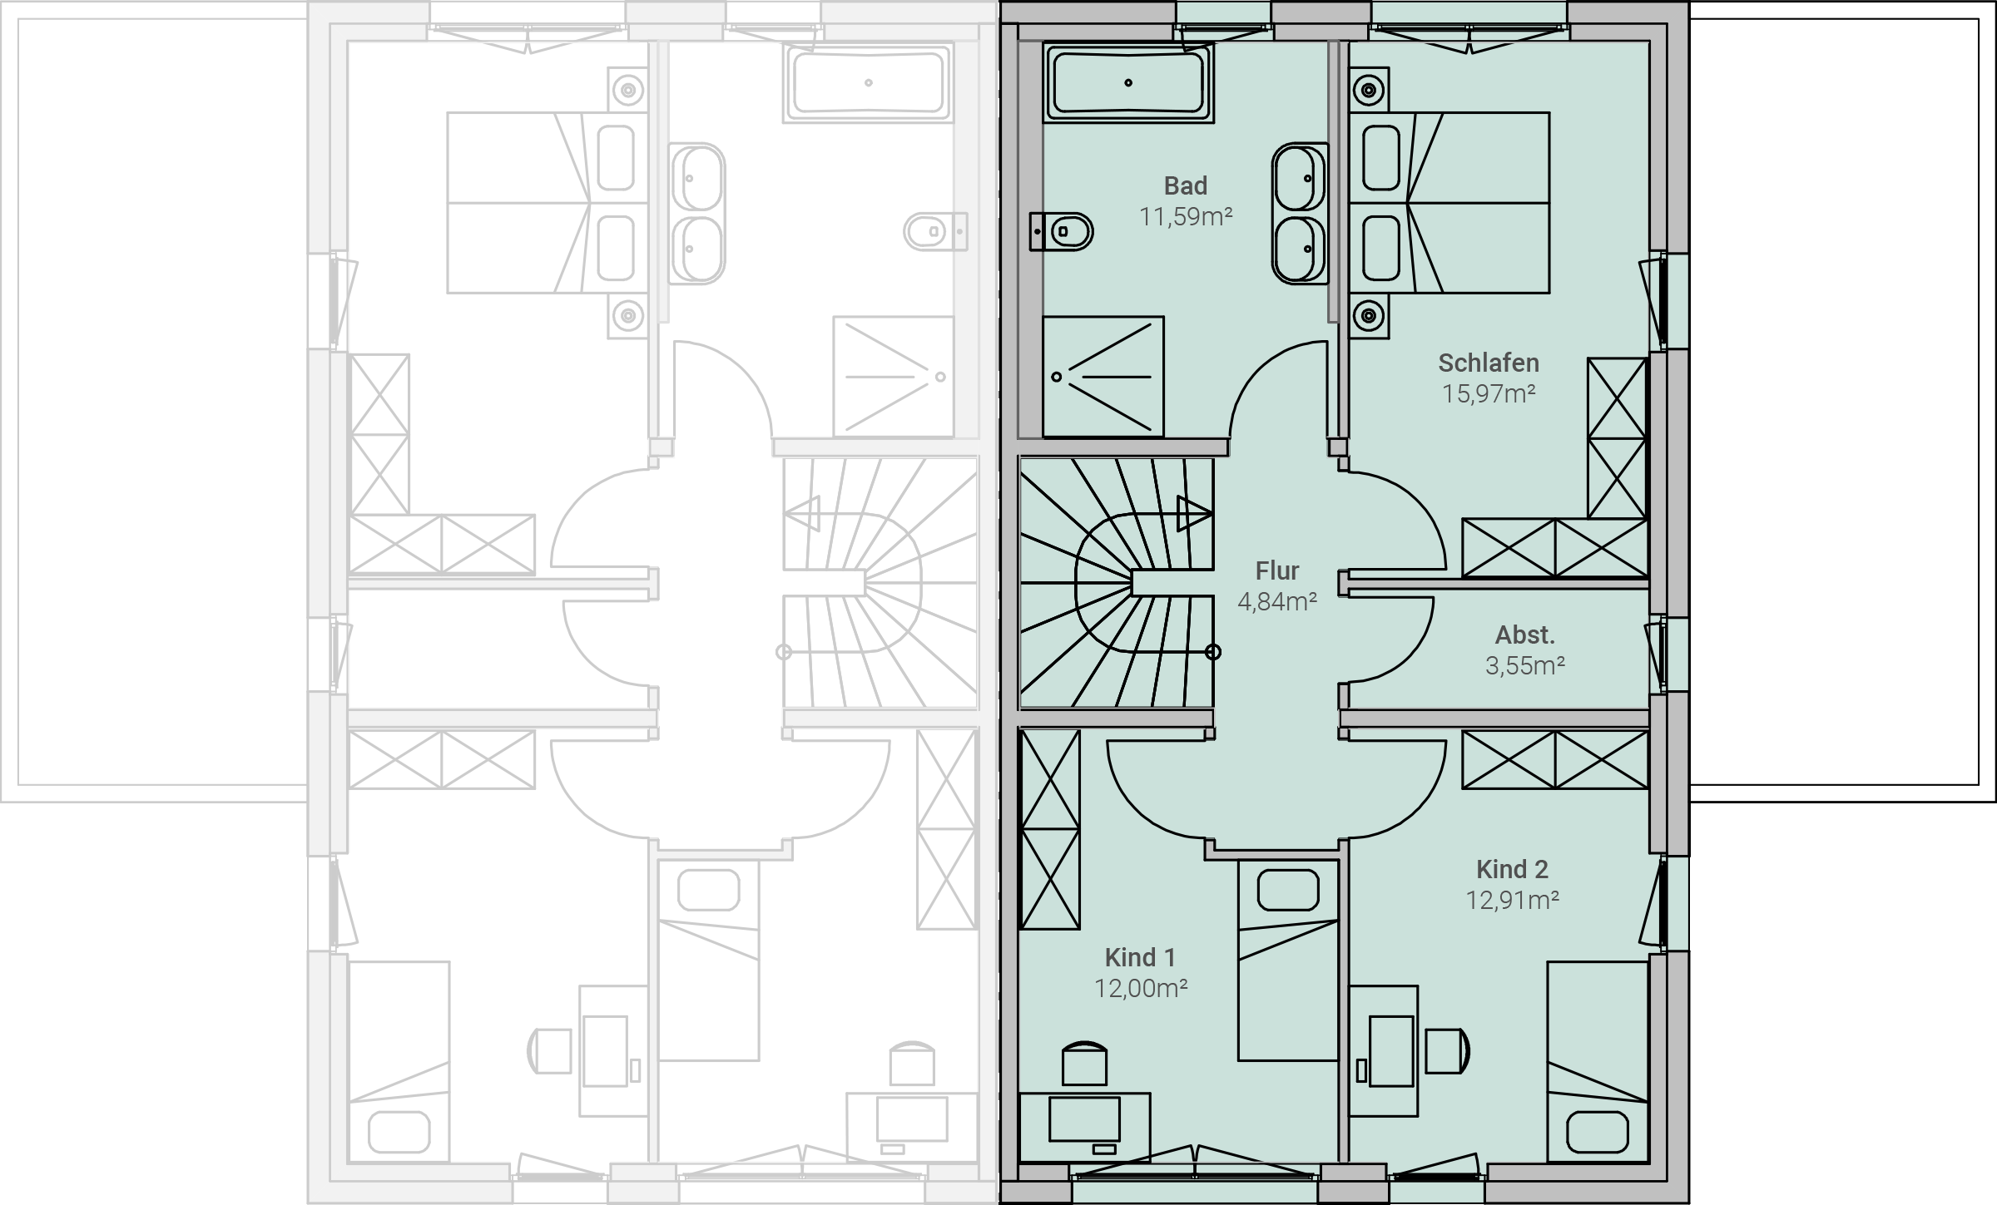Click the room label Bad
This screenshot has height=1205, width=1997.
pos(1185,185)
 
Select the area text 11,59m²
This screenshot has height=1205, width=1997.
pos(1185,217)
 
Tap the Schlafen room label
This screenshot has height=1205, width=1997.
pos(1489,363)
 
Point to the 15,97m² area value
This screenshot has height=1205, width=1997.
pos(1489,393)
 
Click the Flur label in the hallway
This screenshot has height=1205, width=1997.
pos(1277,571)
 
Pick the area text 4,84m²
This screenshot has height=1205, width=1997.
pos(1277,601)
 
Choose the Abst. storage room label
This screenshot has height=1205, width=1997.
pos(1525,635)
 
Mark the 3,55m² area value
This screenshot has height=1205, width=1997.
pos(1525,665)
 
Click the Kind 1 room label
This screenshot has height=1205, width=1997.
pos(1140,958)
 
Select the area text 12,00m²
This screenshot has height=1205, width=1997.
pos(1140,988)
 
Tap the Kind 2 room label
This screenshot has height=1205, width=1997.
pos(1512,870)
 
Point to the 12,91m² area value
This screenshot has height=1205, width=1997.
pos(1512,900)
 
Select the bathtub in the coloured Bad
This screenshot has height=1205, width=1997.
pos(1128,82)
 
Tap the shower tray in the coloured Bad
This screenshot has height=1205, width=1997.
pos(1103,376)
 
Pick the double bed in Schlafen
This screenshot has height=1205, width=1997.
pos(1449,203)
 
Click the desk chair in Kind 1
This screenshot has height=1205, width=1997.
pos(1085,1063)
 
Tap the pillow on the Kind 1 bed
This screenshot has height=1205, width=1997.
pos(1288,890)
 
